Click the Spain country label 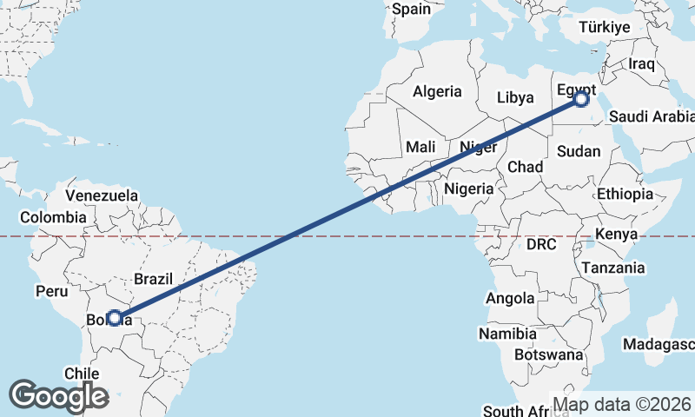point(411,10)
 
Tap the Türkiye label point(605,28)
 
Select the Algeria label point(437,91)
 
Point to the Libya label point(515,97)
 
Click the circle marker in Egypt point(581,100)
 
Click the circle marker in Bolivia point(114,318)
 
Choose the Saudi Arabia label point(652,116)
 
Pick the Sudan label point(579,151)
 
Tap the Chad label point(525,167)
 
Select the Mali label point(420,147)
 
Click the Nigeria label point(469,189)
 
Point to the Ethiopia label point(625,195)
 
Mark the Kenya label point(616,235)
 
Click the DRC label point(540,245)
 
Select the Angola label point(510,298)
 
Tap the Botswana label point(549,354)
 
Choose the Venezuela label point(102,195)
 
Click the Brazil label point(154,279)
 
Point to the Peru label point(51,292)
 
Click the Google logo point(58,396)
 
